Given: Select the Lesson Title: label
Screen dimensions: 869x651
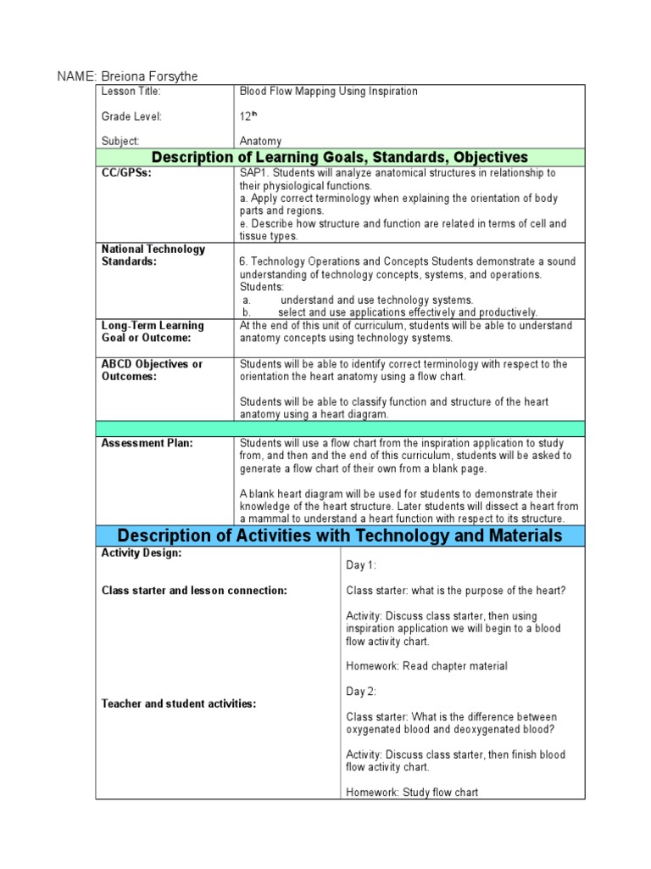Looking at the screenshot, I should (131, 92).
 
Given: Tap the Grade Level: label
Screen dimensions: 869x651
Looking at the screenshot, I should (131, 116).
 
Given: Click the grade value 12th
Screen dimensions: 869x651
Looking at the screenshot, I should (248, 116).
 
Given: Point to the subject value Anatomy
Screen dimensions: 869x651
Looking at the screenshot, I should (261, 142).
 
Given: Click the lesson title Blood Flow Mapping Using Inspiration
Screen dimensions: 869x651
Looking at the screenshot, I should (329, 92).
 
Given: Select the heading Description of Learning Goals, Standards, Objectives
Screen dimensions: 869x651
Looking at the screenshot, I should (339, 157).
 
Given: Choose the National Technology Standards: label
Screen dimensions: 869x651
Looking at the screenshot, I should (153, 255).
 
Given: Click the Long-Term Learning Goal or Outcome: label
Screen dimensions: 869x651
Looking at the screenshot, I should (153, 332).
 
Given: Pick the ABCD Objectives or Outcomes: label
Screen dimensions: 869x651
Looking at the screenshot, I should (152, 370).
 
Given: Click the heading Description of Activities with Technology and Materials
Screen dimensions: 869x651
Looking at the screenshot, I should (339, 535).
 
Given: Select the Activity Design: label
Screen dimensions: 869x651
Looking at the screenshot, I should (141, 553).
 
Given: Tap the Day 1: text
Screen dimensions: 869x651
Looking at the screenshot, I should (361, 565).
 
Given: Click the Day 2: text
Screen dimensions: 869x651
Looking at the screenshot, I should (361, 692).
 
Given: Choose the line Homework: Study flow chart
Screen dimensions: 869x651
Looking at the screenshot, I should (412, 793).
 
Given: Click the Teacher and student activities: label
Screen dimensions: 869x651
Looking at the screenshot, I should (179, 704).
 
